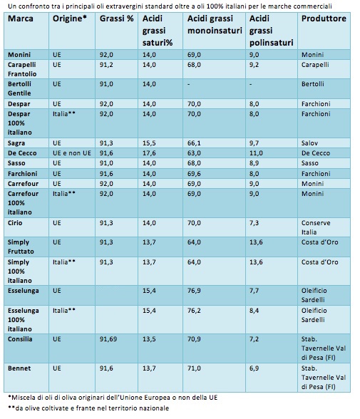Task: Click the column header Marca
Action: tap(21, 19)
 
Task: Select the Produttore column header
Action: tap(324, 19)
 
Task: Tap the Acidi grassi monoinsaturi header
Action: tap(215, 24)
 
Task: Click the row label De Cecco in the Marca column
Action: tap(22, 153)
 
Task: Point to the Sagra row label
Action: tap(16, 143)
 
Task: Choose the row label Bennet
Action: tap(19, 368)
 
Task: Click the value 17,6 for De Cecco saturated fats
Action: tap(149, 153)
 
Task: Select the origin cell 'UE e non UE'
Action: tap(72, 153)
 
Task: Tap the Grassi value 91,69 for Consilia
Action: tap(108, 339)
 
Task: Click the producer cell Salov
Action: tap(309, 143)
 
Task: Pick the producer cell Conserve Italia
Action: tap(316, 227)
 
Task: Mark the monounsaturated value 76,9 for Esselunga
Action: tap(194, 291)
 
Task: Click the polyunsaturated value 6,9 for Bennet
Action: tap(254, 368)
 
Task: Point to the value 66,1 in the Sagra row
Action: tap(194, 143)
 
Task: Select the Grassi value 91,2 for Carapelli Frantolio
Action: tap(106, 65)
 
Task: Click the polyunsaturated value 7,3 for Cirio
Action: tap(254, 223)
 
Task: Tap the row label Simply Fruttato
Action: tap(21, 247)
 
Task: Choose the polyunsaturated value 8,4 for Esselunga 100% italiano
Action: tap(254, 311)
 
